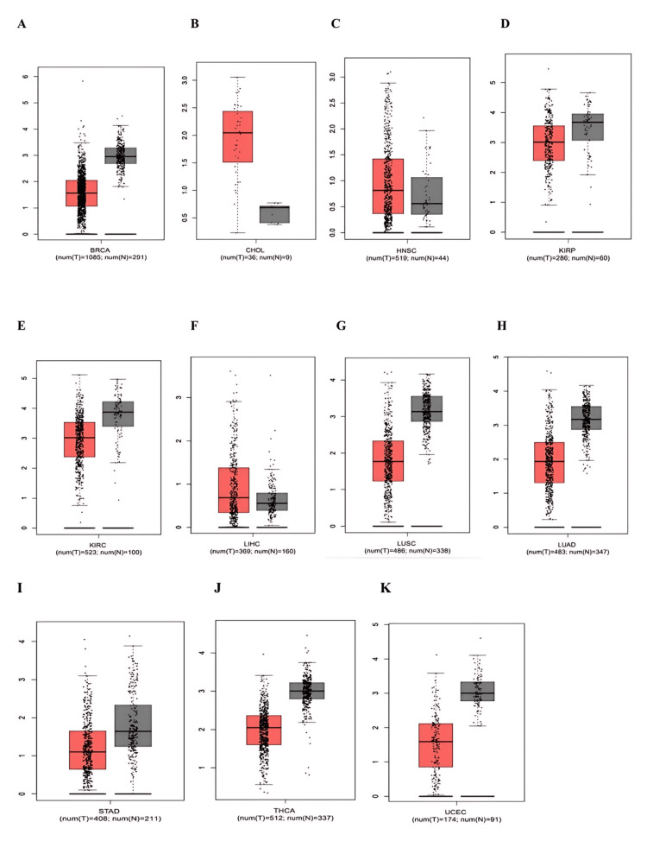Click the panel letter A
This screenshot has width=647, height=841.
(22, 23)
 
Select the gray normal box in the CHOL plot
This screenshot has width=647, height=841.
(275, 214)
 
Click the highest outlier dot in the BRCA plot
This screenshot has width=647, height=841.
(83, 81)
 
